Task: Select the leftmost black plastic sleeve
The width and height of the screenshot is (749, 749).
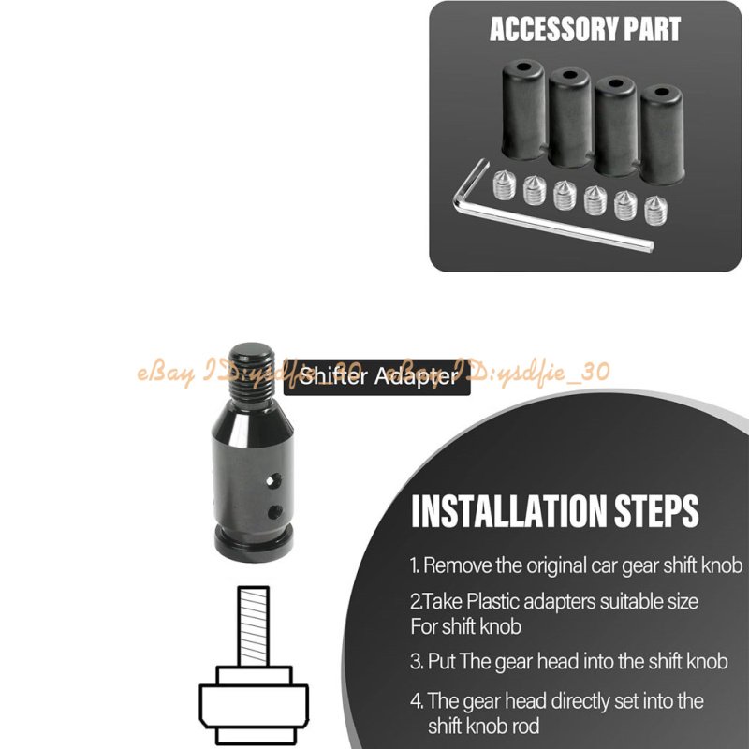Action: pos(523,110)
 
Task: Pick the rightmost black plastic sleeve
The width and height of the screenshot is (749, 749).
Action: pos(662,135)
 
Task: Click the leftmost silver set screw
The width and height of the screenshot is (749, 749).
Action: pos(504,185)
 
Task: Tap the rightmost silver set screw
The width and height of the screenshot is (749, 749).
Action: pos(655,211)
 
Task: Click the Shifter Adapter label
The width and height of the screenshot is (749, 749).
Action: pos(377,377)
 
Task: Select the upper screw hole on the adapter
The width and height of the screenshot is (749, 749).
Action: pos(273,480)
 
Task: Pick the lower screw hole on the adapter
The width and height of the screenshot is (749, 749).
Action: pos(274,512)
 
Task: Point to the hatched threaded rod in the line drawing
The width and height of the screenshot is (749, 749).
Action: pos(253,626)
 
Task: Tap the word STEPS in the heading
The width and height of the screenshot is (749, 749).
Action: pos(656,511)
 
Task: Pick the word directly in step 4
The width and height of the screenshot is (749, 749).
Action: pos(580,701)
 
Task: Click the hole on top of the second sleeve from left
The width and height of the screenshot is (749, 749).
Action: pos(570,75)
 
